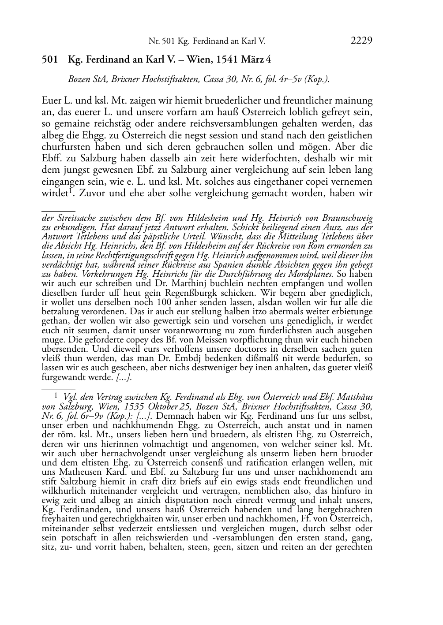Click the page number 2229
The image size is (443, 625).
point(361,41)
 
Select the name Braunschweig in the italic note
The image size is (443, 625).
point(347,218)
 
